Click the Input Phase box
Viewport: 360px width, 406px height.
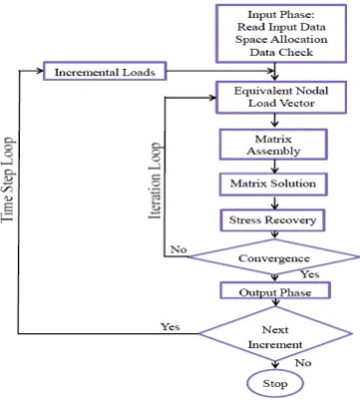[281, 34]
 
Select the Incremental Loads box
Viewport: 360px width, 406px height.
[105, 71]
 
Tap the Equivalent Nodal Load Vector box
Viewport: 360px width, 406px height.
[281, 97]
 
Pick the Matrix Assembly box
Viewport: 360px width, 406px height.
[273, 145]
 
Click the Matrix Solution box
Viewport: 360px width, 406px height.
[273, 184]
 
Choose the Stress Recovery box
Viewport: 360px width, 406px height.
[272, 220]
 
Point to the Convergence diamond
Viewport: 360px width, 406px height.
[273, 257]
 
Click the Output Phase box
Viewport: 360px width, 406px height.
[275, 290]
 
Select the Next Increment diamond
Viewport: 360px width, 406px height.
[275, 333]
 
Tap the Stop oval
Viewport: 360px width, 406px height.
[275, 383]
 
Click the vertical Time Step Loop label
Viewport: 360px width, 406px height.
[8, 180]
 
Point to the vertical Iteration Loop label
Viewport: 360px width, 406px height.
[155, 182]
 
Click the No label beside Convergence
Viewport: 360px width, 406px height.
[179, 249]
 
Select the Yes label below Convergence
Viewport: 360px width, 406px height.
[310, 274]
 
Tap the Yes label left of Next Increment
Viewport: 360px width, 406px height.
[171, 327]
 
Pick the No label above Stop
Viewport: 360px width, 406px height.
[303, 362]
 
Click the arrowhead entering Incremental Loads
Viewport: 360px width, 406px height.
[40, 71]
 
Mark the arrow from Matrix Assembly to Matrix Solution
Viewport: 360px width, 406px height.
[274, 167]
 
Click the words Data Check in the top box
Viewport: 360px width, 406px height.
[281, 52]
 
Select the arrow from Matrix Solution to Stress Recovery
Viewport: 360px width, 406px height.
[274, 203]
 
